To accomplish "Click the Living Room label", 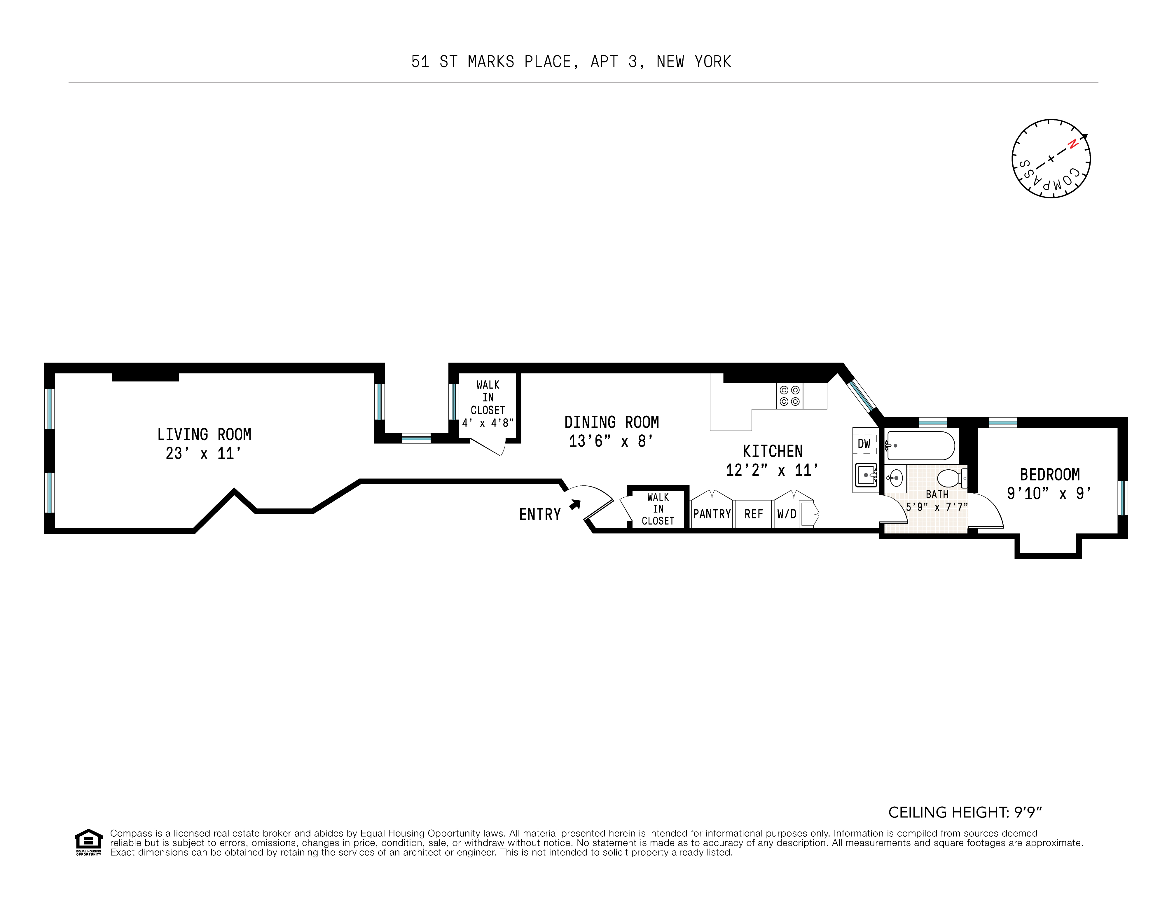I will point(204,434).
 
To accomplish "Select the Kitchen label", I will point(773,452).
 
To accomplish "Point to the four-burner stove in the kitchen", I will point(789,396).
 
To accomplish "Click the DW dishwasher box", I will point(864,443).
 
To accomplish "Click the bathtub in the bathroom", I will point(920,446).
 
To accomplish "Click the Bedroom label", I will point(1049,475).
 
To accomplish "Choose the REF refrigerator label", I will point(753,514).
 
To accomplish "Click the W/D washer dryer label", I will point(787,514).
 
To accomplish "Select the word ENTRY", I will point(540,515).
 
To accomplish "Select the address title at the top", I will point(571,62).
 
